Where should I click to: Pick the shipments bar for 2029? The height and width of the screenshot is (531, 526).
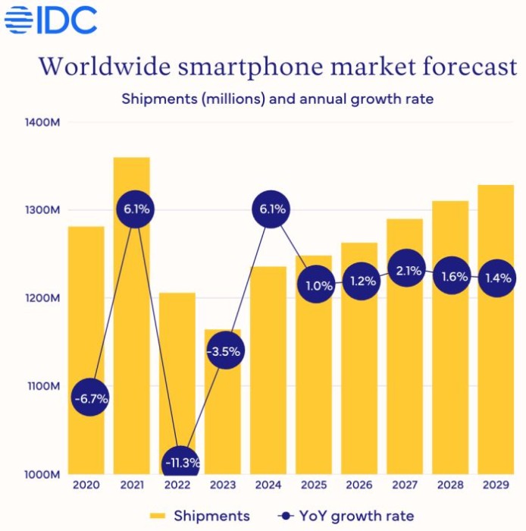[x=496, y=364]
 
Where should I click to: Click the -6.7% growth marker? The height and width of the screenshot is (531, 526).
[x=90, y=397]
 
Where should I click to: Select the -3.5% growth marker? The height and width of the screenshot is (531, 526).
[x=225, y=351]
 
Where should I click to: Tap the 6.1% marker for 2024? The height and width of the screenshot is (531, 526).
[x=270, y=209]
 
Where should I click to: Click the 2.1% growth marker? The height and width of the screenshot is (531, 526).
[x=408, y=271]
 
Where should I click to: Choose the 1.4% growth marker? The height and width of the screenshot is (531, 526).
[x=499, y=279]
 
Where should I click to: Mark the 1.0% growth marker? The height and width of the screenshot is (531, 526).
[x=316, y=286]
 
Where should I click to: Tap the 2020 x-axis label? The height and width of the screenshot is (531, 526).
[x=86, y=485]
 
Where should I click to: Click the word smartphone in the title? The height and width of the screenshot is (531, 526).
[x=233, y=66]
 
